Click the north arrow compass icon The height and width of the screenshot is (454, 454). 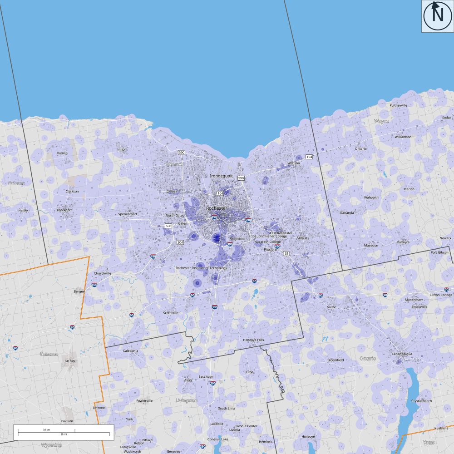point(438,16)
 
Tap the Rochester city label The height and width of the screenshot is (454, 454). point(216,208)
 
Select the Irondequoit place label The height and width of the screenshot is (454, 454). point(221,175)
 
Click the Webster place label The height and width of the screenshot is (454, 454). point(294,163)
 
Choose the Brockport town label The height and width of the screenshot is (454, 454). point(64,210)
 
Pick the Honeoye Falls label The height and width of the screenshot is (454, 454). point(253,340)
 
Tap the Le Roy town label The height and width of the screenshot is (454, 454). point(70,360)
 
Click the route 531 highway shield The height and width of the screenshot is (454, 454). point(168,226)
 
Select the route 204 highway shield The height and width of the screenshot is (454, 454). point(180,242)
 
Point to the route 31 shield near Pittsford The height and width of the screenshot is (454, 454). point(286,253)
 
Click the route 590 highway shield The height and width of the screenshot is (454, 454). point(241,178)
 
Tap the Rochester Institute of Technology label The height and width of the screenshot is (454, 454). point(201,268)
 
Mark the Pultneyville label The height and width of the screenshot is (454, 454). point(399,105)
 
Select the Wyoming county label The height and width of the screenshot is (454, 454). point(51,445)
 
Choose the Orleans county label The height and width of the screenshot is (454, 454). point(17,183)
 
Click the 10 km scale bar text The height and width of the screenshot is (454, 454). point(46,429)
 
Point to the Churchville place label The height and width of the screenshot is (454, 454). point(103,273)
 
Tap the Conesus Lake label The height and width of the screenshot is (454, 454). point(217,439)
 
